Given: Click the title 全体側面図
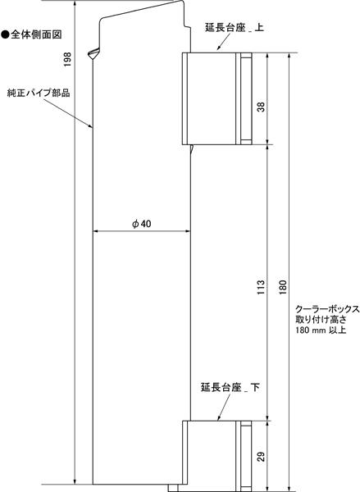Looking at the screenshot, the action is [36, 34].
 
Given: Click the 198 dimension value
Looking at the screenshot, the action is [67, 59].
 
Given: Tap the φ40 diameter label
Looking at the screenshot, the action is [142, 224].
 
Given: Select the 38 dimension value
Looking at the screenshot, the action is [261, 107].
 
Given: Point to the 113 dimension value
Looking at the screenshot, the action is [261, 287].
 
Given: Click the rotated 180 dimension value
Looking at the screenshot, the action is [283, 287].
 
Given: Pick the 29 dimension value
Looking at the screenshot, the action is [261, 457].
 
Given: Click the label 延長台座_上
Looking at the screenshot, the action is [235, 27].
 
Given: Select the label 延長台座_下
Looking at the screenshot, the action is [230, 387].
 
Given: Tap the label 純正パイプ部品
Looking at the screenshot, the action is [39, 93].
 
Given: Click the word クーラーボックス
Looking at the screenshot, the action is [327, 309].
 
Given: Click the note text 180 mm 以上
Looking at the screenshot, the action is [321, 330].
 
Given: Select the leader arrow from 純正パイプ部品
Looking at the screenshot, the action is [67, 113].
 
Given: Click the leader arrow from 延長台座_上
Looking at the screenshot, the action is [224, 42].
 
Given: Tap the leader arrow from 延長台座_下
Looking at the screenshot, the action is [224, 407].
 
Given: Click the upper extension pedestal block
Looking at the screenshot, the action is [216, 98].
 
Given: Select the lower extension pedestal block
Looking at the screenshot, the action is [216, 456].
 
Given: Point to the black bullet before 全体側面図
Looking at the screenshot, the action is [6, 34].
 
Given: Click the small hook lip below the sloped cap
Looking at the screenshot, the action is [93, 54].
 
